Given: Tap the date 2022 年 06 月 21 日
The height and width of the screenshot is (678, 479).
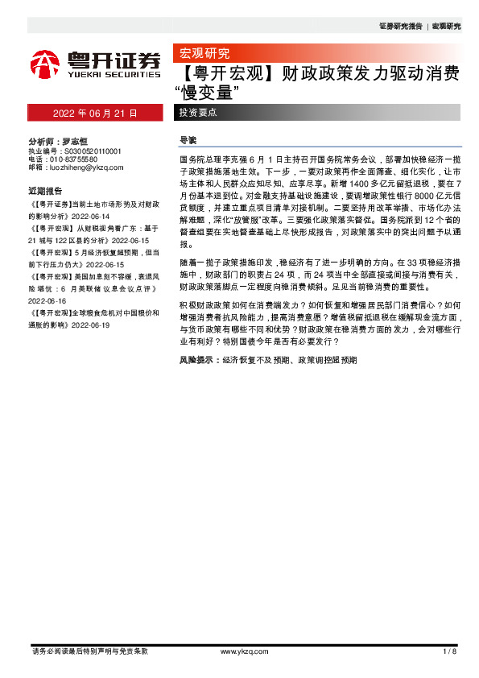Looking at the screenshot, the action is point(95,113).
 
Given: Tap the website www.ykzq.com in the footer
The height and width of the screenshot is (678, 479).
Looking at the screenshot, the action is point(238,651).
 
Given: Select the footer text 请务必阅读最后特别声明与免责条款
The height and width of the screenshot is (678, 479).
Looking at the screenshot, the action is point(89,651).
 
